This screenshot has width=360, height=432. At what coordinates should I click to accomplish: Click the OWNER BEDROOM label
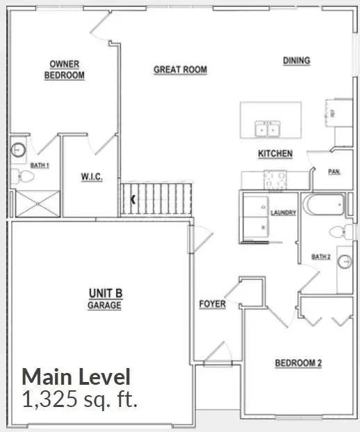[65, 69]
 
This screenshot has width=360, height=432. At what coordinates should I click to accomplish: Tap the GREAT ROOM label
[180, 69]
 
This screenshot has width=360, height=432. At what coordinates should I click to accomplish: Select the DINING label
[296, 60]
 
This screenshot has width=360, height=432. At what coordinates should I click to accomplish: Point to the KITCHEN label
[275, 153]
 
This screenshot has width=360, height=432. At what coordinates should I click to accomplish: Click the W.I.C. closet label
[92, 178]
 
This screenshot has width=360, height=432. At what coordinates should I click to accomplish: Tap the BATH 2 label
[320, 256]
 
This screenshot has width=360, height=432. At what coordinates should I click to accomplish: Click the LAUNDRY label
[284, 213]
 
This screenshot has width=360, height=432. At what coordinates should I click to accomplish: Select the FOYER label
[212, 304]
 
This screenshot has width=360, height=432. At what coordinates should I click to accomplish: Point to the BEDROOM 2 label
[297, 363]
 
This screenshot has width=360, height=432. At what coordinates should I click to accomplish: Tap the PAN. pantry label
[334, 171]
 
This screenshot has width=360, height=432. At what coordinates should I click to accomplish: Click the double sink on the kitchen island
[268, 128]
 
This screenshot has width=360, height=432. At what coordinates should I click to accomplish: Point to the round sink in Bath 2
[343, 260]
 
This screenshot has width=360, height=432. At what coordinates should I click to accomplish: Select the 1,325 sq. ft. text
[81, 399]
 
